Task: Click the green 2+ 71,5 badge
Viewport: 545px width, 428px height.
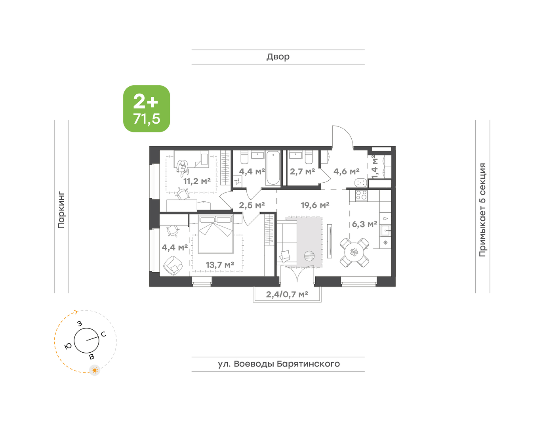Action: (x=147, y=109)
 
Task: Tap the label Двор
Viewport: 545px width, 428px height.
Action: (x=278, y=57)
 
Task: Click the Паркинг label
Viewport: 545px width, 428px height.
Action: (x=61, y=210)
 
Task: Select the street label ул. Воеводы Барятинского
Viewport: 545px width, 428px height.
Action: (x=279, y=364)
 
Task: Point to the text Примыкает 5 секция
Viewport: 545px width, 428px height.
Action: (x=482, y=210)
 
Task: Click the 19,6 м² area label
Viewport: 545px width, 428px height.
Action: (x=315, y=205)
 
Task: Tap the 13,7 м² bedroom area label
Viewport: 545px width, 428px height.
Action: (x=220, y=265)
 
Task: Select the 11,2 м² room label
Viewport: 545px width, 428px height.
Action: (x=197, y=181)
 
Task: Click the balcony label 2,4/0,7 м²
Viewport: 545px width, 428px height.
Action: (x=287, y=294)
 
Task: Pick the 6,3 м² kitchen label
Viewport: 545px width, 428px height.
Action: (x=364, y=224)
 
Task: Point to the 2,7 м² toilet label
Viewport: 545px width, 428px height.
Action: (x=302, y=172)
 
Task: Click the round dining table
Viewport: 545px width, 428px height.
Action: (x=354, y=252)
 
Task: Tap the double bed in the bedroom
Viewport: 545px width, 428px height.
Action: (x=216, y=234)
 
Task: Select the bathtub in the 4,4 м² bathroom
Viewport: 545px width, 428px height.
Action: (x=273, y=168)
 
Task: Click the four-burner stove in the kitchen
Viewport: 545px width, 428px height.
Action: (x=361, y=195)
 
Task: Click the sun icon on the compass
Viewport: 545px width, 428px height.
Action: (x=95, y=370)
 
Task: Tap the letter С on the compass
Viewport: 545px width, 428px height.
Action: (x=104, y=334)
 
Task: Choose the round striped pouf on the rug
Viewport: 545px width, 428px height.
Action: (x=309, y=256)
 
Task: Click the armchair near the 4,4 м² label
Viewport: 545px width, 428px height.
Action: (x=173, y=266)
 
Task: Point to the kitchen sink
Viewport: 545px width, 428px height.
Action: (x=385, y=231)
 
